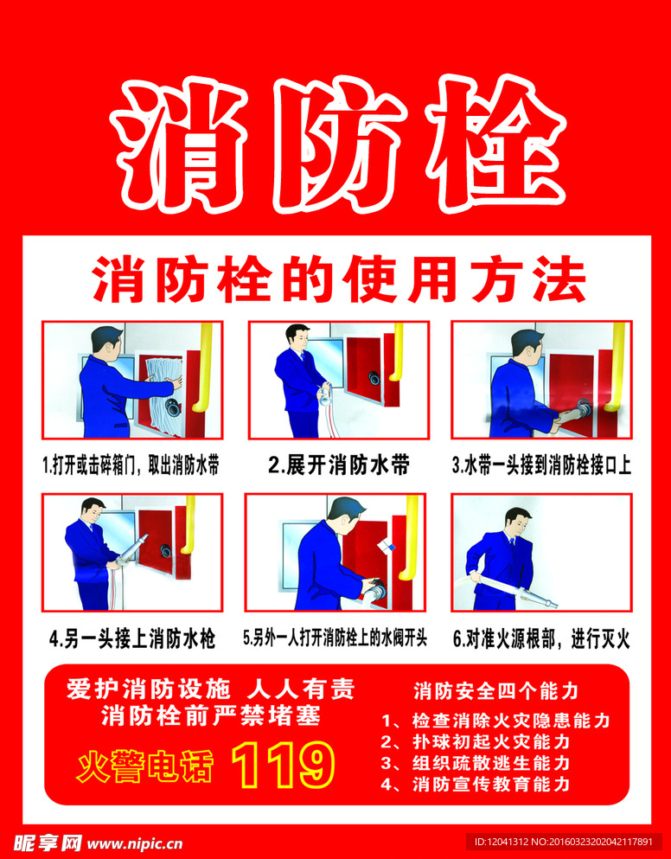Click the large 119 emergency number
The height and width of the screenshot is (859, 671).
click(x=284, y=765)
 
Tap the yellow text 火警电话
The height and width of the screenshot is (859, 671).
click(x=144, y=766)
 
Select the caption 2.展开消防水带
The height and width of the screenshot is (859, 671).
click(x=339, y=466)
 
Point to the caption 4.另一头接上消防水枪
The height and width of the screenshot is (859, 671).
click(x=132, y=638)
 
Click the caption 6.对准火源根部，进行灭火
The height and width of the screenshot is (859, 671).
click(x=541, y=638)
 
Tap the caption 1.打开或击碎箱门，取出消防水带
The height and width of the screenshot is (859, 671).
click(x=131, y=467)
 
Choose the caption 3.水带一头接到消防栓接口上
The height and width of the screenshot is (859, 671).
click(x=541, y=466)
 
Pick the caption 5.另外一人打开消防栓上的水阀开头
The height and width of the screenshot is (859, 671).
click(x=335, y=638)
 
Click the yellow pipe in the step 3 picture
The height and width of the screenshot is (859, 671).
click(x=617, y=367)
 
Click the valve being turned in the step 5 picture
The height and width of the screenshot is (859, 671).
click(x=376, y=589)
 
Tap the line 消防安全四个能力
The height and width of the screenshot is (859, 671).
click(x=495, y=691)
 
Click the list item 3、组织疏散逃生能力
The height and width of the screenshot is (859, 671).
click(x=476, y=763)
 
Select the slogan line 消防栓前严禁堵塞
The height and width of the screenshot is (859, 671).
click(x=211, y=716)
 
